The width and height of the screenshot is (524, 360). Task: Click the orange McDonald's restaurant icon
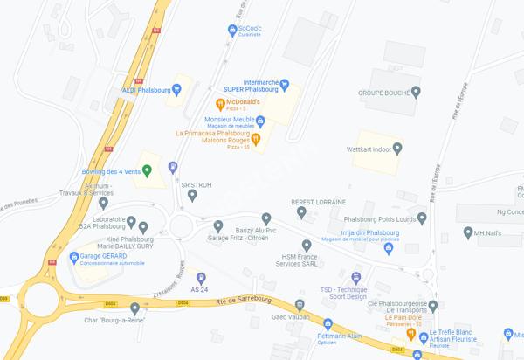coord(221,104)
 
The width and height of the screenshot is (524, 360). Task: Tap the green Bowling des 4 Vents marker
coord(146,170)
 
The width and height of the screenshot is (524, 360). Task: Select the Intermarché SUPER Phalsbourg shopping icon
coord(285,87)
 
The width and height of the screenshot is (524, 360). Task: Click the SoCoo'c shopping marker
coord(231,29)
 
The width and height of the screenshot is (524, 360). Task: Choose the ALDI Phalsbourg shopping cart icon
coord(177,88)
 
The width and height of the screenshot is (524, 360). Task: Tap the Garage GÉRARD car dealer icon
coord(74,258)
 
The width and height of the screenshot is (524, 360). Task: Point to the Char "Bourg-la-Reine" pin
coord(134,308)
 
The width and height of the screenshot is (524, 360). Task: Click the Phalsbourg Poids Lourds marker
coord(422,218)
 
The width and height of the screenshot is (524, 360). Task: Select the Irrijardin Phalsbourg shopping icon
coord(388,247)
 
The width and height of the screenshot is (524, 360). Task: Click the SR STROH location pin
coord(193,196)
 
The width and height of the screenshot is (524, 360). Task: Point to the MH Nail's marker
coord(466,233)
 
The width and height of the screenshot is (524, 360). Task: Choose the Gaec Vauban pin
coord(300,306)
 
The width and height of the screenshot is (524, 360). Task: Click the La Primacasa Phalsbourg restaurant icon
coord(256,140)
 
